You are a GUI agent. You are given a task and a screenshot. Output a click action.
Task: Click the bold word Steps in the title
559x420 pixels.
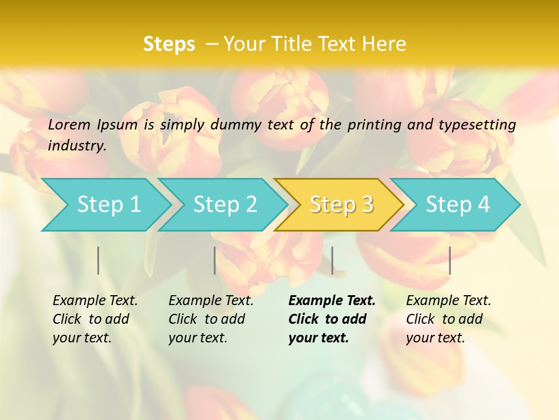(169, 44)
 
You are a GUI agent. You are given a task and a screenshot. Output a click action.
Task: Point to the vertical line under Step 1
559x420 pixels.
(98, 260)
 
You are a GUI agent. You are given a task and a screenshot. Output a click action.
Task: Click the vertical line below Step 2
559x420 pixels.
(215, 260)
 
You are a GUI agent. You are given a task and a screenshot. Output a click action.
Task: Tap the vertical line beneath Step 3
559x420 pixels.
(332, 260)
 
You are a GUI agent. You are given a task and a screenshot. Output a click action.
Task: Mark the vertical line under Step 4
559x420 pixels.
(450, 260)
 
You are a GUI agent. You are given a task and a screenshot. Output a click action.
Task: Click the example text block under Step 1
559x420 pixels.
(95, 319)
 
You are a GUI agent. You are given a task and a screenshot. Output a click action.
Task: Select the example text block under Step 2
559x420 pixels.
(211, 319)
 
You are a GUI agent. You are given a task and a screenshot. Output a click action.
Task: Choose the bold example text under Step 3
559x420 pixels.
(332, 319)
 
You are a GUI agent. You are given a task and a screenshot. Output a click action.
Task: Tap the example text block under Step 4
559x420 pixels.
(448, 319)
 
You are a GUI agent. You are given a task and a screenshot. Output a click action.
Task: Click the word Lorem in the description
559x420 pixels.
(69, 125)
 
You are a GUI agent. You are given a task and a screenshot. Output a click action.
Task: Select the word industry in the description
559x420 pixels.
(76, 146)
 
